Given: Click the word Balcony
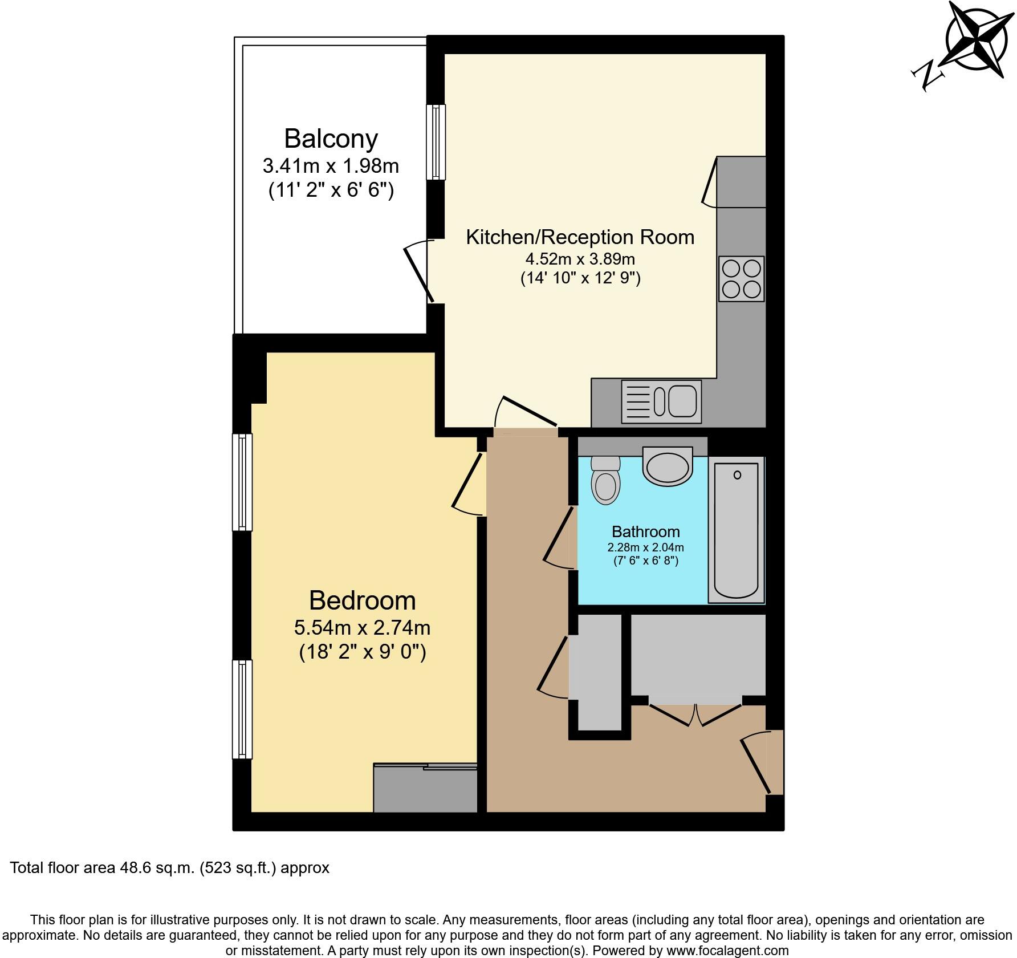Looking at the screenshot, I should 331,139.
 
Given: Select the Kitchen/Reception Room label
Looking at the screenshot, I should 580,237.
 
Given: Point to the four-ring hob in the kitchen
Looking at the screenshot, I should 741,279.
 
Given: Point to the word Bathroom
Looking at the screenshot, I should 645,531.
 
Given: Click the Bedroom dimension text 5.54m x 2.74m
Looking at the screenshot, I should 362,628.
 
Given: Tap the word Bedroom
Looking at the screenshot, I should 362,600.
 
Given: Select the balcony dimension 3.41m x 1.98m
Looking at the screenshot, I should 331,166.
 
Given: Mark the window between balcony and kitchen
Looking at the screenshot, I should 437,142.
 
